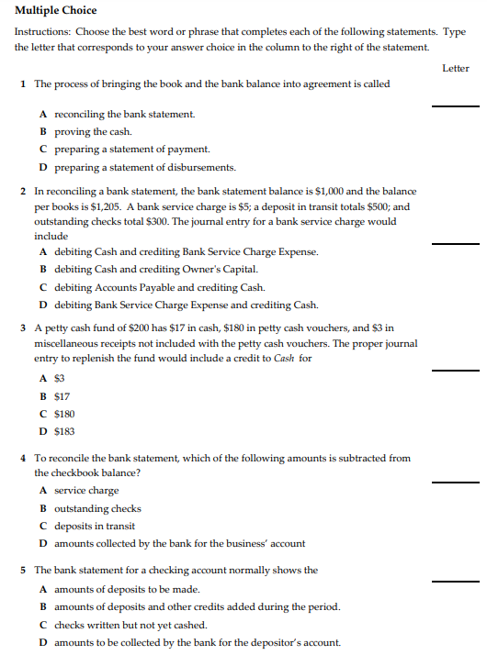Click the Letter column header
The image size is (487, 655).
point(455,68)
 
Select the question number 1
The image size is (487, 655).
point(22,84)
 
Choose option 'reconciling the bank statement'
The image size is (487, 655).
point(124,115)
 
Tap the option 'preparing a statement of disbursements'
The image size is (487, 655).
point(145,167)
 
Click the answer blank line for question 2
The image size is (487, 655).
point(455,244)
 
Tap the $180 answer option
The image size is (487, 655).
point(64,414)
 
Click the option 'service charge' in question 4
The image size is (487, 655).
point(86,491)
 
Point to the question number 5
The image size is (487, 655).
point(22,570)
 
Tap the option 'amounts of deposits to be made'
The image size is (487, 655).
point(127,589)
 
